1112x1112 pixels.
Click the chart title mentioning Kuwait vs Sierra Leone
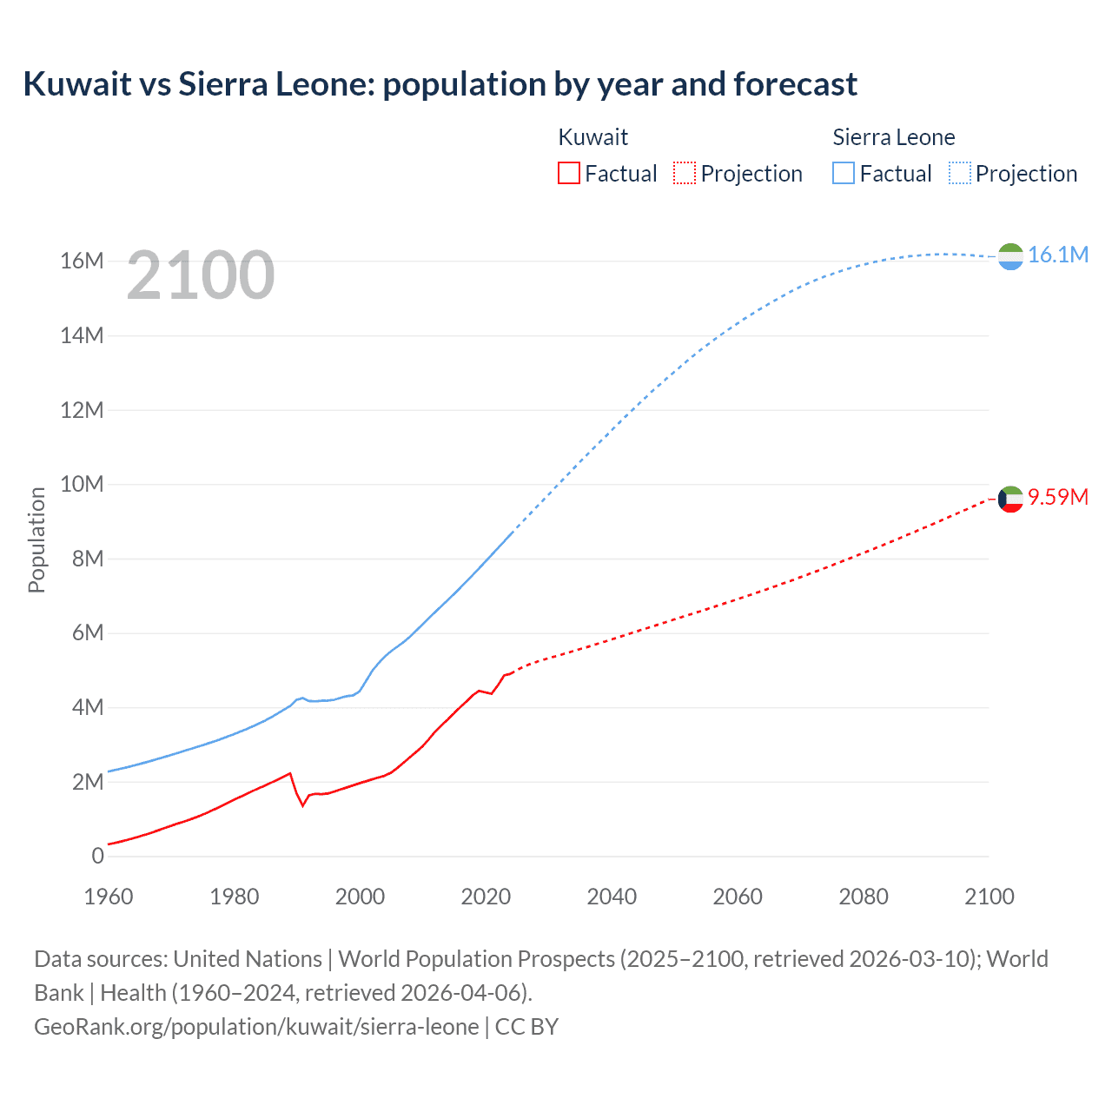coord(440,84)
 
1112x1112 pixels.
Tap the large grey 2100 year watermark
coord(201,275)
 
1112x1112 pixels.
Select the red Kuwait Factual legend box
coord(568,173)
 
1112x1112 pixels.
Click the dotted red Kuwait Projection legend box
coord(685,173)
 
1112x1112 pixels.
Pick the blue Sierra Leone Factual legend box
coord(844,173)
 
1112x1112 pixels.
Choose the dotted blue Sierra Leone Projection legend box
coord(960,173)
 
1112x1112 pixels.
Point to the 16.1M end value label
coord(1057,255)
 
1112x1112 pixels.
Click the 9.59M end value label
coord(1057,497)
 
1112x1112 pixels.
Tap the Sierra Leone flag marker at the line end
coord(1010,256)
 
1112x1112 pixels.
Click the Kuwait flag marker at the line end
coord(1010,499)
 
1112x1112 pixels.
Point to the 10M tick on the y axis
coord(82,484)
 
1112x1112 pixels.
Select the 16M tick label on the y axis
coord(82,261)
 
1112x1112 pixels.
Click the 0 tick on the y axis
coord(97,856)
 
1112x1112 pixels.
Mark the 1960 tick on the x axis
coord(109,897)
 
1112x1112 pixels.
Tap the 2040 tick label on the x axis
coord(612,897)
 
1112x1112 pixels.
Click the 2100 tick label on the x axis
coord(989,897)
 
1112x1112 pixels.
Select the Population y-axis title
coord(36,539)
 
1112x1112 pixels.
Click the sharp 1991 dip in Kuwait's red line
coord(303,805)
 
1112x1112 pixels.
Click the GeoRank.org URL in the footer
coord(256,1026)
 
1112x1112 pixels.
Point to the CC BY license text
coord(526,1026)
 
